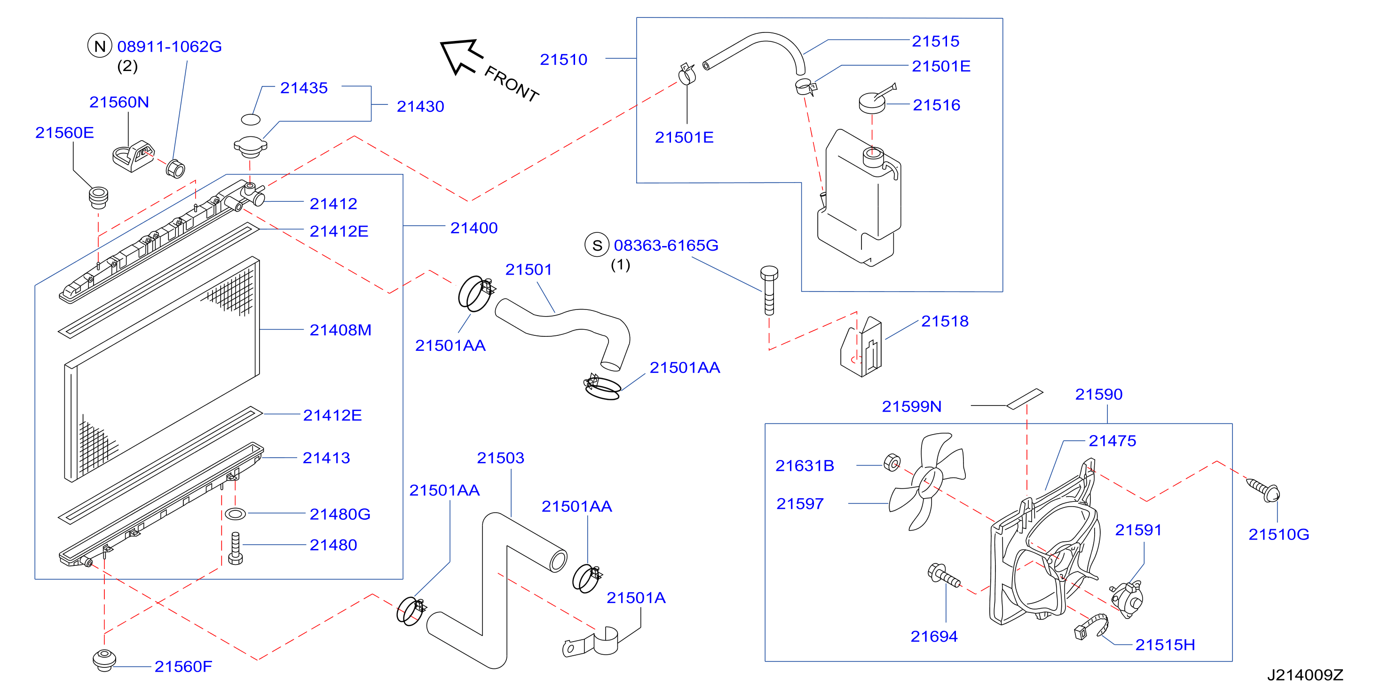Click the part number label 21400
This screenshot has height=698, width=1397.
pyautogui.click(x=474, y=228)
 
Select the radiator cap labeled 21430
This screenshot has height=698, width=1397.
pyautogui.click(x=250, y=146)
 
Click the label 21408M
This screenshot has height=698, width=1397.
pyautogui.click(x=340, y=330)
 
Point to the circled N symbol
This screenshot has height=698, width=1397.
pyautogui.click(x=100, y=46)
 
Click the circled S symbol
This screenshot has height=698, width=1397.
pyautogui.click(x=597, y=245)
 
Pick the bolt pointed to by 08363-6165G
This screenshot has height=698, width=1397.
pyautogui.click(x=769, y=290)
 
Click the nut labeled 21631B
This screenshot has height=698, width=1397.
pyautogui.click(x=892, y=463)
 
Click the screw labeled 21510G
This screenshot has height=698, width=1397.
pyautogui.click(x=1263, y=490)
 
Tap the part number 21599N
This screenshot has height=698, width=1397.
pyautogui.click(x=911, y=406)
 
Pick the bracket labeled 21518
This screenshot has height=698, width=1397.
pyautogui.click(x=861, y=347)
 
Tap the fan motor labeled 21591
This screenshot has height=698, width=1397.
pyautogui.click(x=1127, y=599)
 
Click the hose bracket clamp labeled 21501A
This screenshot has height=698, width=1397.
pyautogui.click(x=591, y=642)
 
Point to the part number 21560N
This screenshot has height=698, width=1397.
pyautogui.click(x=119, y=102)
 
